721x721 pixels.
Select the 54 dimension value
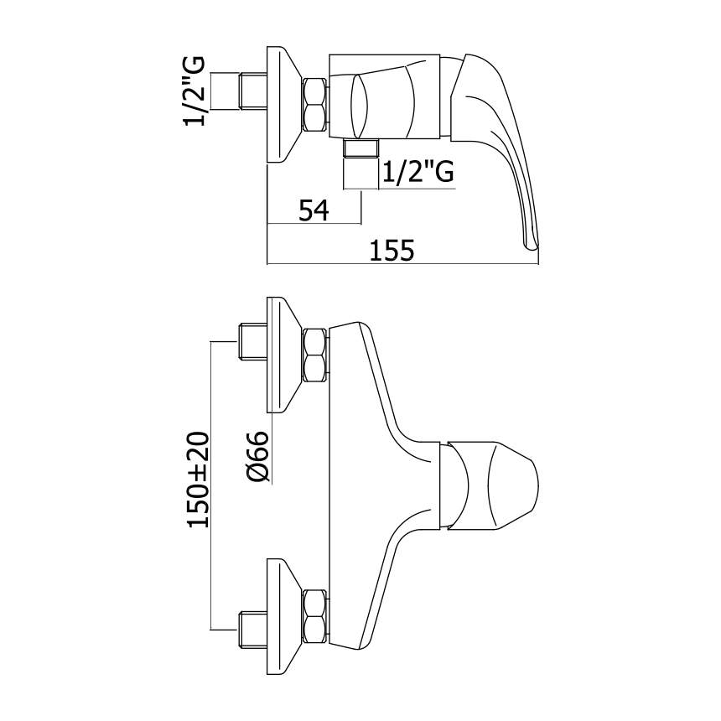pos(314,210)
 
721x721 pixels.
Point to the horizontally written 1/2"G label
pos(418,171)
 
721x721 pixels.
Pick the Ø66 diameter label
pos(258,456)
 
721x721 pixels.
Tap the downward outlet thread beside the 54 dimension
pos(361,149)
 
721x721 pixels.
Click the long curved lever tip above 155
pos(530,239)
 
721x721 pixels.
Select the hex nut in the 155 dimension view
pos(316,104)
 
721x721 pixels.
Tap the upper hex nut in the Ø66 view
pos(316,355)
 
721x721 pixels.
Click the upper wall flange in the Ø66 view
pos(283,355)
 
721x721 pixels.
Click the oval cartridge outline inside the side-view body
pos(358,104)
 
